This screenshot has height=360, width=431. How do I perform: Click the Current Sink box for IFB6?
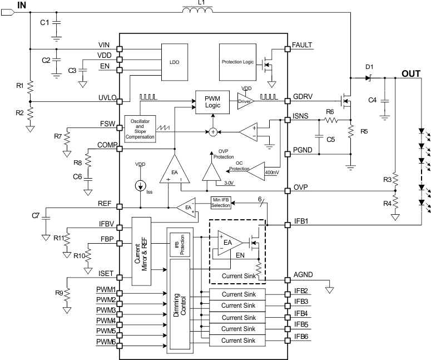(237, 340)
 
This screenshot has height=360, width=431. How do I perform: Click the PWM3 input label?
(106, 310)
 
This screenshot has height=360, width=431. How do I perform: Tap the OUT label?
(412, 73)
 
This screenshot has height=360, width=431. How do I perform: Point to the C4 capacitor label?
(373, 100)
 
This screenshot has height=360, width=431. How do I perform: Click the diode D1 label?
(369, 67)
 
